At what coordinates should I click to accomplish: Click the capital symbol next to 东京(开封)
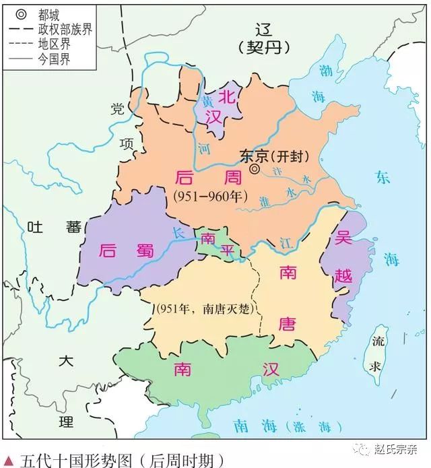[254, 170]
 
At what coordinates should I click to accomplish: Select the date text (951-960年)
[209, 196]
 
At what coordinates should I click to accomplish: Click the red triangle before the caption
[8, 460]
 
